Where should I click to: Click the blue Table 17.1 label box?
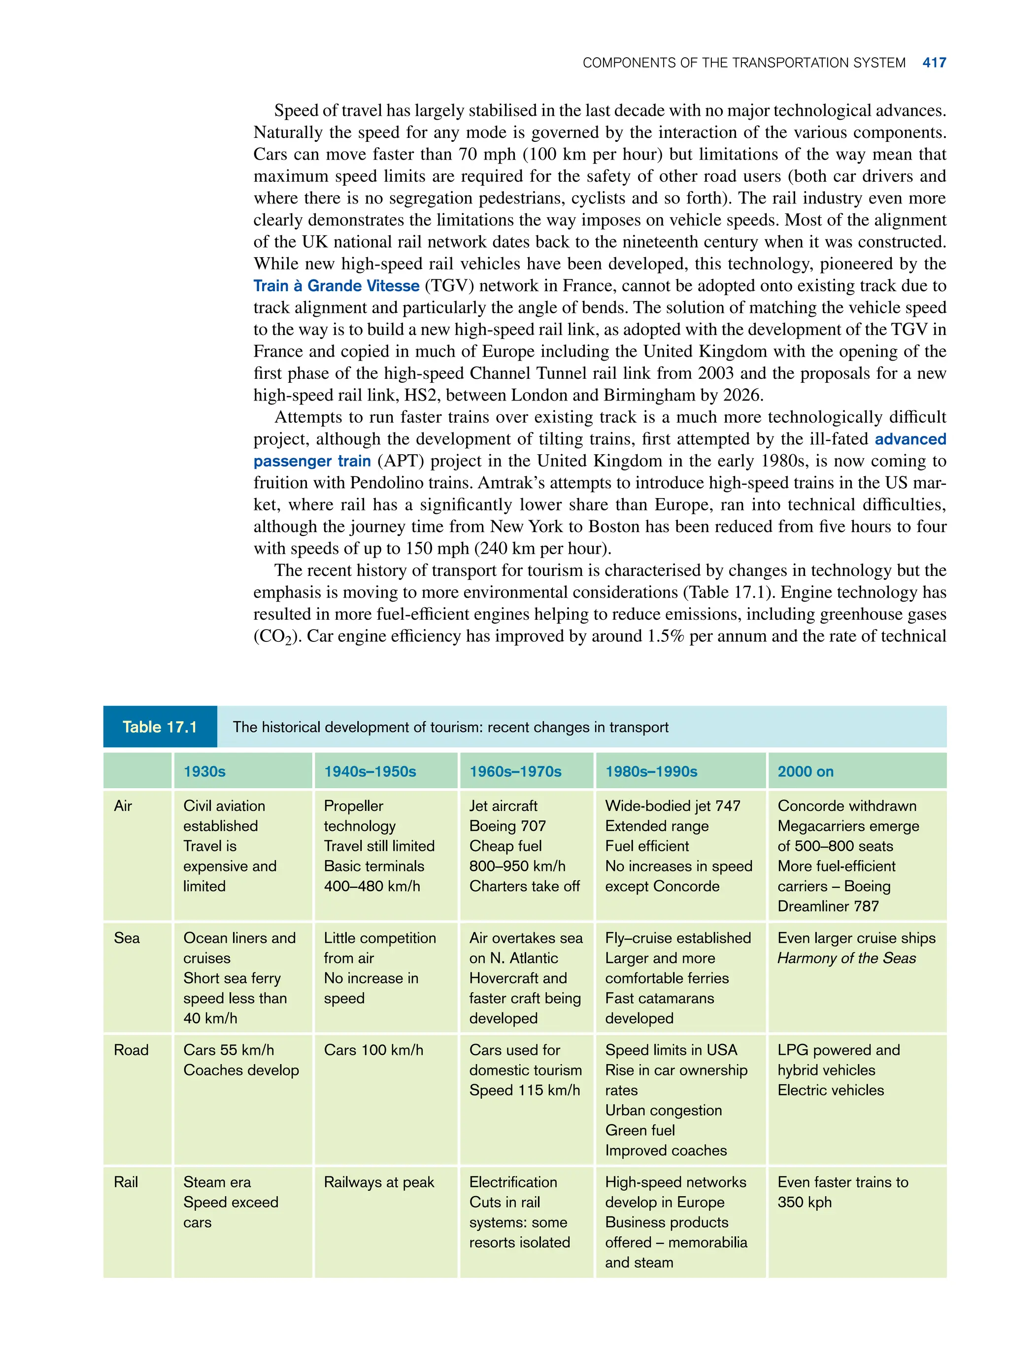click(160, 727)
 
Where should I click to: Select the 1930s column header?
click(204, 771)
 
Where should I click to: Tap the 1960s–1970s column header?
click(515, 771)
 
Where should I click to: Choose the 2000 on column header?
click(805, 771)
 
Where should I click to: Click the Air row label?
click(123, 805)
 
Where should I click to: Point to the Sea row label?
click(127, 938)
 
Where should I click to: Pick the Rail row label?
click(126, 1182)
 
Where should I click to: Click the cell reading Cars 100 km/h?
click(373, 1050)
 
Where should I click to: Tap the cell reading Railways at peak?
click(379, 1182)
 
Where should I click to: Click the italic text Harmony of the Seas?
click(846, 958)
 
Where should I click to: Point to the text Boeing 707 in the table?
click(507, 826)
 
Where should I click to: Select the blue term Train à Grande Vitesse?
click(336, 286)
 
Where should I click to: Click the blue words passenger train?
click(312, 461)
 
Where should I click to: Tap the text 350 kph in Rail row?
click(805, 1202)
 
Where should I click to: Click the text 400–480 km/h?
click(371, 886)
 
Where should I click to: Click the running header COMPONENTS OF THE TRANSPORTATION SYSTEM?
click(743, 63)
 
